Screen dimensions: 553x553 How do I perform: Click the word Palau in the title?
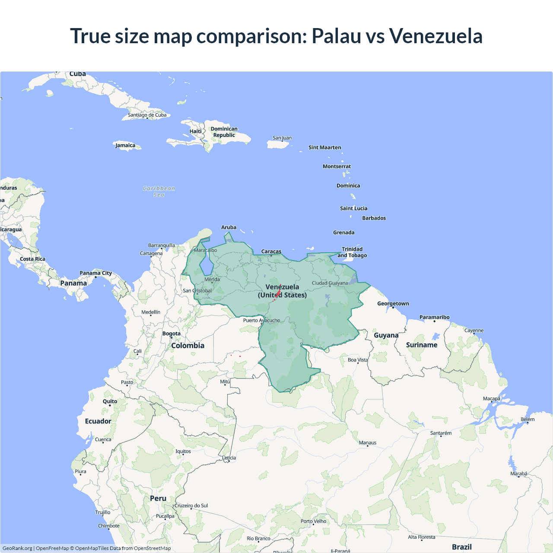coord(336,36)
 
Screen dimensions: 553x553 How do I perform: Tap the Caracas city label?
coord(271,251)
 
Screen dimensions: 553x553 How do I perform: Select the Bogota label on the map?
coord(172,334)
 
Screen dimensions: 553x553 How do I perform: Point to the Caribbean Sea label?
coord(159,191)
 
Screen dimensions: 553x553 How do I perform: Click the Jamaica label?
coord(125,145)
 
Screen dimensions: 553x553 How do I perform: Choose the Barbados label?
coord(374,218)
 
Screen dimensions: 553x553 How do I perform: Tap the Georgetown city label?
coord(393,304)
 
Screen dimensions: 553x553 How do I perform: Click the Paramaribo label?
coord(434,317)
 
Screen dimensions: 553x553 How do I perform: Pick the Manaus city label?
coord(368,443)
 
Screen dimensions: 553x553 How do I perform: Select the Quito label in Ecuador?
coord(110,401)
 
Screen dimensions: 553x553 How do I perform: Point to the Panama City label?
coord(95,273)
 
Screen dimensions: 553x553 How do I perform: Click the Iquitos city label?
coord(183,451)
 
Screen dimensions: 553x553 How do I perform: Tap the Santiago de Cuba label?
coord(147,115)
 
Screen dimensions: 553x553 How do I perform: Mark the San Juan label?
coord(282,138)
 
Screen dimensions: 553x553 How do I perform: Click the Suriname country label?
coord(422,345)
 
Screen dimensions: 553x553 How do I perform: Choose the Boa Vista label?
coord(358,360)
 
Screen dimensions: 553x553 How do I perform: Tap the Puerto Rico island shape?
coord(278,145)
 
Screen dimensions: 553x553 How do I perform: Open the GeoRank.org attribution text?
coord(17,548)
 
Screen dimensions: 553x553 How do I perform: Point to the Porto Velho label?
coord(314,521)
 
